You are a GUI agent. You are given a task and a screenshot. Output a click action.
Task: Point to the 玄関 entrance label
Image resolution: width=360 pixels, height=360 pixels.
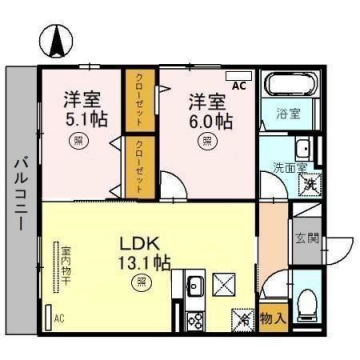tap(308, 238)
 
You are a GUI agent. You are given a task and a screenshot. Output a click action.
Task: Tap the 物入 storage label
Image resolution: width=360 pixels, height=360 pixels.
tap(272, 318)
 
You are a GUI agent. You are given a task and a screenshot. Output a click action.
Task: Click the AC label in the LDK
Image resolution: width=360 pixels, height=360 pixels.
tap(57, 318)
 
